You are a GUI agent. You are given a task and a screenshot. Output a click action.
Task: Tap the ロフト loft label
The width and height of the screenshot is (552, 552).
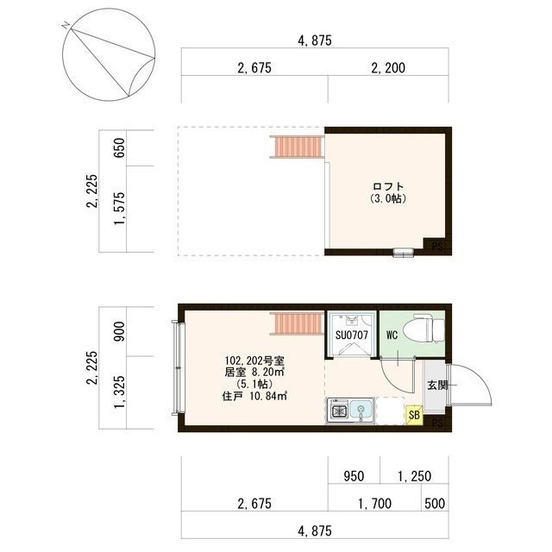[388, 186]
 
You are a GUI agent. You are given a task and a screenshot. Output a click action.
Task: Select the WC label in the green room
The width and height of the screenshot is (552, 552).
[392, 335]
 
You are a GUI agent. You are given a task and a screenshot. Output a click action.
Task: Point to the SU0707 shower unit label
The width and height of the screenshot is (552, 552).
[351, 335]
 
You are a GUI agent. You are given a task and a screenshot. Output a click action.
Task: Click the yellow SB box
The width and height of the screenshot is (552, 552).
[414, 416]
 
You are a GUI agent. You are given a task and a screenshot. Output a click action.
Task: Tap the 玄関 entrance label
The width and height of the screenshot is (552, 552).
[437, 386]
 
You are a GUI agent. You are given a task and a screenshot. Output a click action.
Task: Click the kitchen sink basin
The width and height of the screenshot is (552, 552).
[361, 411]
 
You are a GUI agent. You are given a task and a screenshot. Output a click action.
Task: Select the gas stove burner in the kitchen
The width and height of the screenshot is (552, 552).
[338, 411]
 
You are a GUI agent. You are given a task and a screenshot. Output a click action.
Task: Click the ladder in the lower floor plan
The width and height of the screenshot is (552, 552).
[297, 323]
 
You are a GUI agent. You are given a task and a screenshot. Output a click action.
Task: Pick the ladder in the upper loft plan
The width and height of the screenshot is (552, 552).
[297, 147]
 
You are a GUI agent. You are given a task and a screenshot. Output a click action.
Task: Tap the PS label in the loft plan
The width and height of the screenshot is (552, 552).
[437, 247]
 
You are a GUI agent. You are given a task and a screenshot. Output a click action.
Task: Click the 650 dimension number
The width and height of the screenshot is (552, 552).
[120, 147]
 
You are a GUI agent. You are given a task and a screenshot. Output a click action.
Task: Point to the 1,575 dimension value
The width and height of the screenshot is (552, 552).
[120, 209]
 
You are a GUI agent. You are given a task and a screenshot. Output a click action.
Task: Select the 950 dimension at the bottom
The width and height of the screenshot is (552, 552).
[354, 476]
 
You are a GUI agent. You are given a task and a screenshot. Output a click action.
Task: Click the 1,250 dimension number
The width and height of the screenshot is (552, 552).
[414, 476]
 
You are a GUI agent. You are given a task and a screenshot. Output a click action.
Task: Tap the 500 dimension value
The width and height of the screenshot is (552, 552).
[435, 504]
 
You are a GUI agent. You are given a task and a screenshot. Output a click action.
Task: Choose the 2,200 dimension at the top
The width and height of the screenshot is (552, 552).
[388, 68]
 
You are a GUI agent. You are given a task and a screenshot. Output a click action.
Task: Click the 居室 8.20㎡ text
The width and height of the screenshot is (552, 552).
[254, 373]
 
